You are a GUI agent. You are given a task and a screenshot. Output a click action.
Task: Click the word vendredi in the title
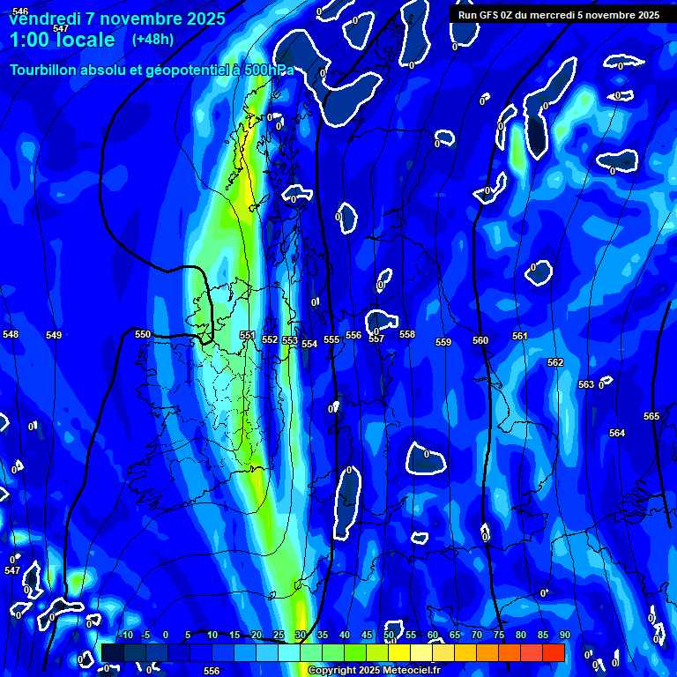pos(44,19)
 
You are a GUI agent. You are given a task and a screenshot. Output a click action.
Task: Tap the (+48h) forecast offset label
pos(153,39)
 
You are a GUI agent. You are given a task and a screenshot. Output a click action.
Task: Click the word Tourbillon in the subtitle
pos(43,70)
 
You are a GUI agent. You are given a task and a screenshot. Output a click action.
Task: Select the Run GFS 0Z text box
pos(558,15)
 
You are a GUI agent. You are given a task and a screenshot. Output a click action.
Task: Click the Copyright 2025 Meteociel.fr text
pos(379,671)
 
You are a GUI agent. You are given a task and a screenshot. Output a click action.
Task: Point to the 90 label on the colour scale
pos(564,635)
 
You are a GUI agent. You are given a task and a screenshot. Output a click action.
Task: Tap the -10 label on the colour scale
pos(125,635)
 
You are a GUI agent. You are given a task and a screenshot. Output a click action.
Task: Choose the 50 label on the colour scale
pos(389,635)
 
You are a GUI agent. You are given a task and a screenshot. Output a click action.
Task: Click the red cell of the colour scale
pos(554,652)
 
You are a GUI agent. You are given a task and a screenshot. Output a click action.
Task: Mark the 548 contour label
pos(11,335)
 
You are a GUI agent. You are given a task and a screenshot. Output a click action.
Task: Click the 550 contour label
pos(143,334)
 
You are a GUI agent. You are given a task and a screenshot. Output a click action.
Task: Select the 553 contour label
pos(289,340)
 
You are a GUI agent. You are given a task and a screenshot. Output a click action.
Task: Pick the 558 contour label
pos(407,334)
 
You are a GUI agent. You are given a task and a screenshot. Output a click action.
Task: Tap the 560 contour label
pos(480,340)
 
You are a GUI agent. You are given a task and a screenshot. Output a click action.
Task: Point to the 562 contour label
pos(555,362)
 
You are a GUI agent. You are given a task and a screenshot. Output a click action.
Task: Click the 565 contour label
pos(651,416)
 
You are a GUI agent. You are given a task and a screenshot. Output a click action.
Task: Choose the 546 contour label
pos(20,11)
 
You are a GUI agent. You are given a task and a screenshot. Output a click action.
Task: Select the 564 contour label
pos(617,433)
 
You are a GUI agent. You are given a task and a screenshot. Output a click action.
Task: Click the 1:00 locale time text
pos(62,40)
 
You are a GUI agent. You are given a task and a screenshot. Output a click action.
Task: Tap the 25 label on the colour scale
pos(279,635)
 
